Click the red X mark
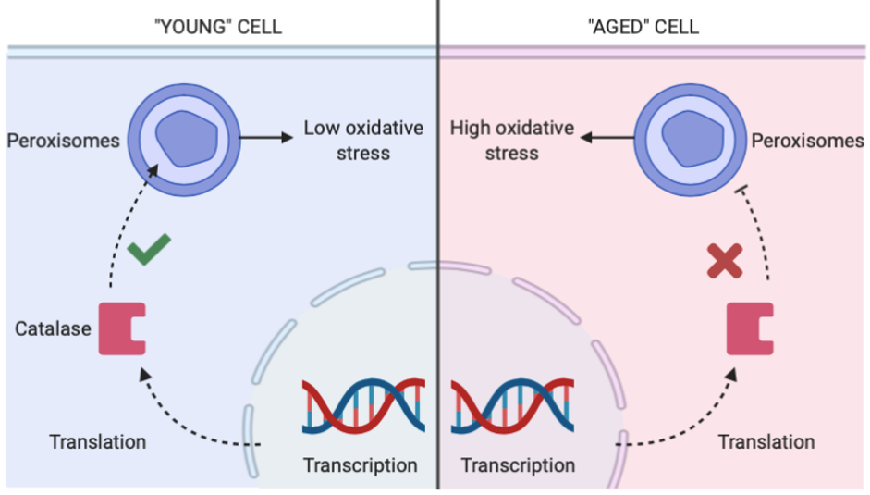click(725, 261)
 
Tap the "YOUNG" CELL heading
click(218, 27)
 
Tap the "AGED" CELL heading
click(643, 27)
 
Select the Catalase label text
click(53, 328)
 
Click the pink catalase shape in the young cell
click(122, 328)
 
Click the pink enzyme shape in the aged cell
click(750, 328)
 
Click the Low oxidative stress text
click(363, 141)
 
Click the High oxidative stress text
click(511, 141)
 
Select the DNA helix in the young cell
click(363, 406)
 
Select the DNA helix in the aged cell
click(513, 406)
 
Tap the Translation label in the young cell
click(98, 442)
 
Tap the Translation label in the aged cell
click(766, 442)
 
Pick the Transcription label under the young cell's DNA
click(360, 465)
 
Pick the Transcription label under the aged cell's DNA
click(518, 465)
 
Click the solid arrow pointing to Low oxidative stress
click(266, 137)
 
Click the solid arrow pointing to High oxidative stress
click(607, 137)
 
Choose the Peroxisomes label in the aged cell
click(807, 142)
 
